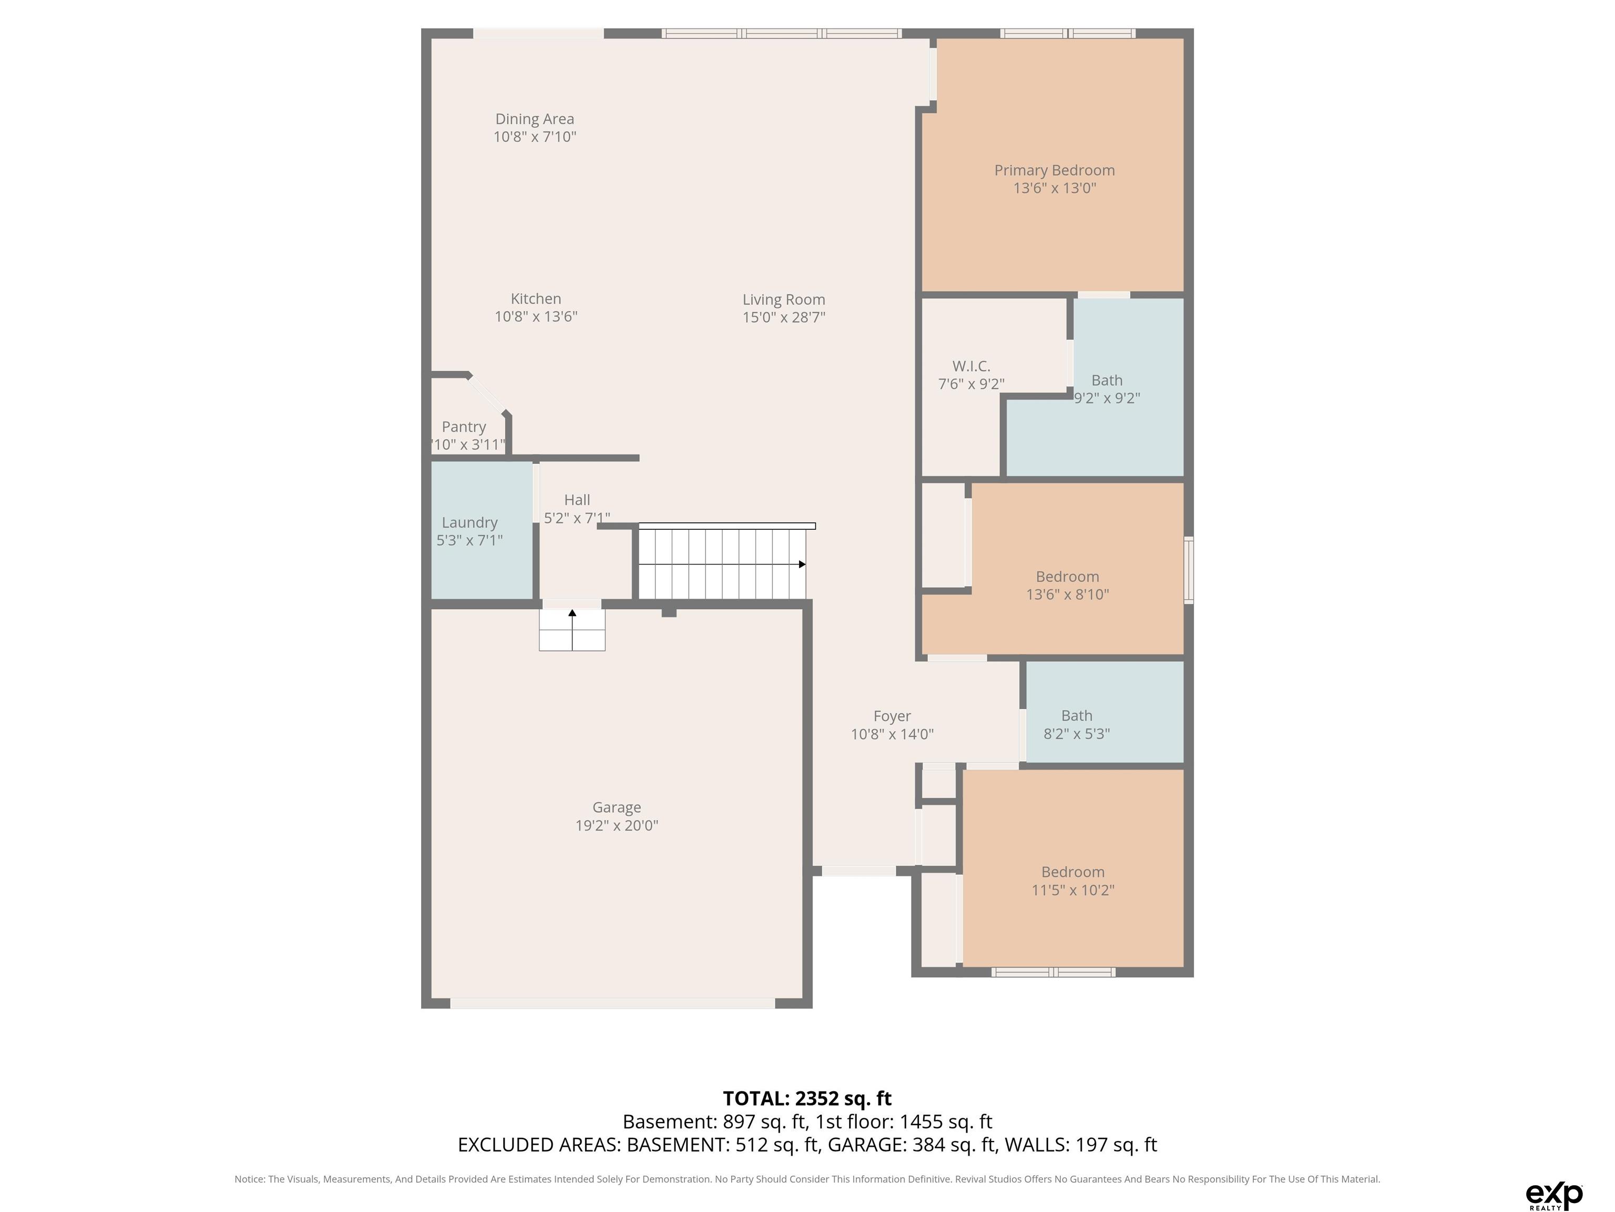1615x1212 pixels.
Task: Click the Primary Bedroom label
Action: (x=1054, y=170)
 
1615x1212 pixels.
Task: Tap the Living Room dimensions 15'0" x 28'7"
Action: (x=783, y=317)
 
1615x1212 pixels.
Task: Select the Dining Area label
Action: (x=535, y=119)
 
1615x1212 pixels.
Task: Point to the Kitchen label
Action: (x=535, y=299)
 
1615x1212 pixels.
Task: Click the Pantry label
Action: (x=464, y=427)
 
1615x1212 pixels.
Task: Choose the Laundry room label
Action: (x=469, y=522)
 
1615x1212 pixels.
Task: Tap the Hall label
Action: (x=577, y=500)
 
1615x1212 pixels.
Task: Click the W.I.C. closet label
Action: (x=971, y=366)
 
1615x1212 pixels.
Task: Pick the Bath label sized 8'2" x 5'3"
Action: (x=1076, y=715)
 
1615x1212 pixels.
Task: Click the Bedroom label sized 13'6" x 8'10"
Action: (x=1067, y=577)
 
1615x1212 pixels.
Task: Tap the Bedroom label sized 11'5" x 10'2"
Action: (x=1072, y=872)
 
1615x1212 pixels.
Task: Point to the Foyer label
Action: (x=892, y=716)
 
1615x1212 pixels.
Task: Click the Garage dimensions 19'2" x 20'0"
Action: (x=616, y=825)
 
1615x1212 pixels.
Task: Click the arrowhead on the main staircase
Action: (x=802, y=564)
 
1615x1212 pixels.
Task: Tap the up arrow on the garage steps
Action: (x=571, y=614)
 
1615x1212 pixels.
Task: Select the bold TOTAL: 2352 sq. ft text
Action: (x=807, y=1098)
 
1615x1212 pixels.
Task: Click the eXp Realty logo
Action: (x=1553, y=1196)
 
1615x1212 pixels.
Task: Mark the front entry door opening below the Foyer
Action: (x=858, y=871)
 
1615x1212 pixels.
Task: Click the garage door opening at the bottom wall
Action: (x=612, y=1003)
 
